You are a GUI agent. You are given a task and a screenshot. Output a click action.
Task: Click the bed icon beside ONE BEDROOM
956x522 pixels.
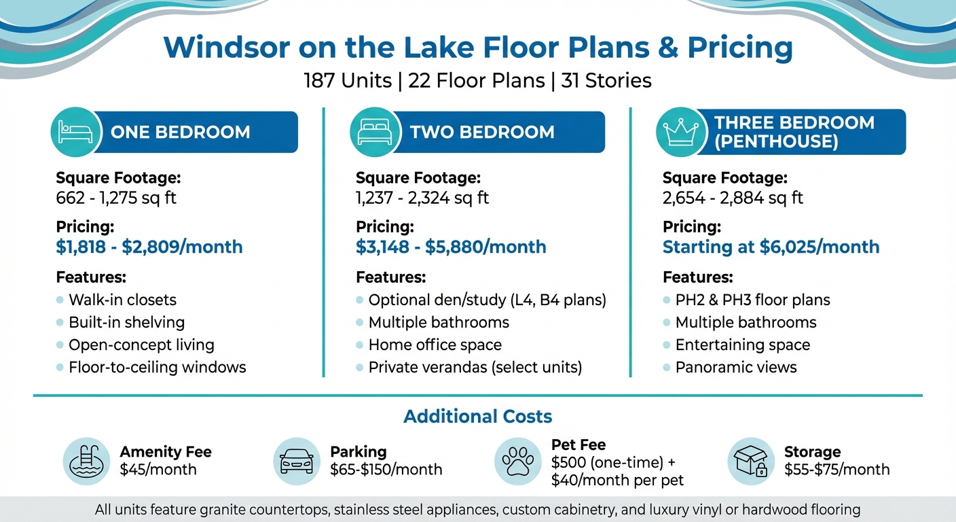point(72,131)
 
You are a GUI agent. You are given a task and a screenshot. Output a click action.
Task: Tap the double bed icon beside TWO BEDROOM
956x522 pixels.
point(371,131)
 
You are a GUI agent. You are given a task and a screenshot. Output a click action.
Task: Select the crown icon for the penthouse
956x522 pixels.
point(677,132)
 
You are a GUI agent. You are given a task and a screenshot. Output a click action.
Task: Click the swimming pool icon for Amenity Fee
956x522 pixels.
point(86,461)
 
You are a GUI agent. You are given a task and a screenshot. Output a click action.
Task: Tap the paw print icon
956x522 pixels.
point(518,461)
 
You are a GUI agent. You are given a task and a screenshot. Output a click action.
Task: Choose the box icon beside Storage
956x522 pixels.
point(750,461)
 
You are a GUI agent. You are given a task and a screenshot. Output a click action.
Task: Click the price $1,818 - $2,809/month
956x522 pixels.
point(149,247)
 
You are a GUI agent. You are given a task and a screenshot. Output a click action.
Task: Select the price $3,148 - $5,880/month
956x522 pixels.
point(451,247)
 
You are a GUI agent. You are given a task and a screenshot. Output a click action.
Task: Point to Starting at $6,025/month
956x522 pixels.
point(771,247)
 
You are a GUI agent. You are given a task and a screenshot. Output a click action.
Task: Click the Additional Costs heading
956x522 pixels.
point(477,416)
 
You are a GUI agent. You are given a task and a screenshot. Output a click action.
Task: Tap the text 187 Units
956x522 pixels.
point(348,81)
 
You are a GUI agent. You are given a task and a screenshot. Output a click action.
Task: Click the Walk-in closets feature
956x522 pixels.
point(122,300)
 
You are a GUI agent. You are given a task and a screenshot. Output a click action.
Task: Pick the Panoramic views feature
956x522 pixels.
point(736,367)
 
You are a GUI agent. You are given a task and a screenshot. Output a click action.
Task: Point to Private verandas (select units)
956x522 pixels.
point(475,367)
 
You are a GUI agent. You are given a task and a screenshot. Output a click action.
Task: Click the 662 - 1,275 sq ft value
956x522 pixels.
point(116,198)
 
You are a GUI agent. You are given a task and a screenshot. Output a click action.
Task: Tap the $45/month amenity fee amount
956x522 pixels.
point(158,469)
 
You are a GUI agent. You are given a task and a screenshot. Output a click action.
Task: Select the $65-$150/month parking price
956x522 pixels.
point(386,469)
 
